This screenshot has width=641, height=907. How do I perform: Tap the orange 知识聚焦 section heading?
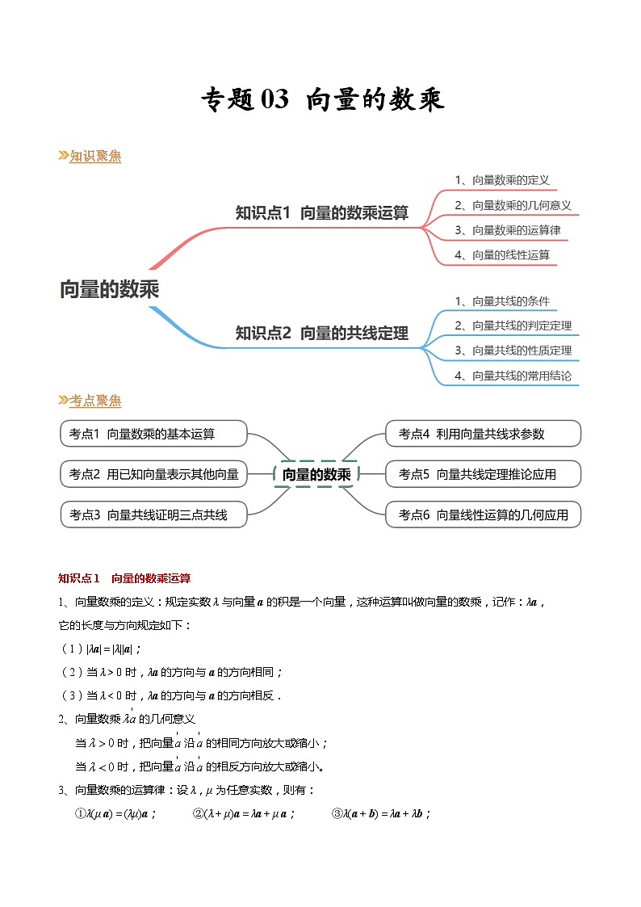94,157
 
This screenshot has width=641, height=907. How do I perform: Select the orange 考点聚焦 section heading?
94,401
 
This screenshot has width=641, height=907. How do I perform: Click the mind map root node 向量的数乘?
109,289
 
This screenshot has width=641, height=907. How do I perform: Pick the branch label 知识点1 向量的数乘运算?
321,213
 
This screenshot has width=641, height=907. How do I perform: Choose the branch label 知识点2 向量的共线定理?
321,333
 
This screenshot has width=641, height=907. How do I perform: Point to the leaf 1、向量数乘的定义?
501,181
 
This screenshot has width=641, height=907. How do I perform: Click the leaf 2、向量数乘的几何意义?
512,205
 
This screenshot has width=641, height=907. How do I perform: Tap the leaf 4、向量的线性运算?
501,255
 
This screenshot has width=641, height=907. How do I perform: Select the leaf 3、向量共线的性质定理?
512,351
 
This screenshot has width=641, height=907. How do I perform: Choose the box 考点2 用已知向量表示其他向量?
153,474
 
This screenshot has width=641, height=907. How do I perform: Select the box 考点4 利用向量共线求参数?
483,434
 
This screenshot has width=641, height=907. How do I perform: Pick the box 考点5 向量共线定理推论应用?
483,474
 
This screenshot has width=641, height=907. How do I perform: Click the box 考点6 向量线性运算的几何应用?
483,514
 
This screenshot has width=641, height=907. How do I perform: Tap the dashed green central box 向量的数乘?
316,475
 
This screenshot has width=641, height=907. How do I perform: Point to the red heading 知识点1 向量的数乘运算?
124,578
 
